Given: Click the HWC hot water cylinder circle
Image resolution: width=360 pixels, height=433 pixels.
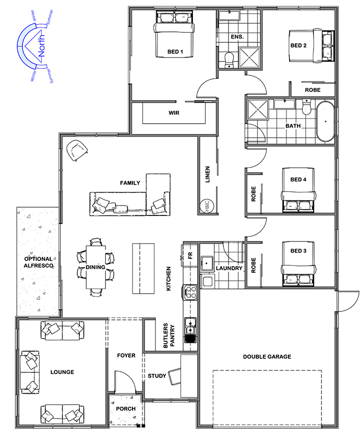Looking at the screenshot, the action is (x=207, y=206).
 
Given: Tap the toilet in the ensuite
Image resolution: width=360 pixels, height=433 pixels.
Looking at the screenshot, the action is (x=229, y=60).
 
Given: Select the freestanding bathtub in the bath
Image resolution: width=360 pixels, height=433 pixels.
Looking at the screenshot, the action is (x=326, y=122).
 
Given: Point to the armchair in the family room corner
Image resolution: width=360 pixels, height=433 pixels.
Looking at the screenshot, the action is (x=77, y=150).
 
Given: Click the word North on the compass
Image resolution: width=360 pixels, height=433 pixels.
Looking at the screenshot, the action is (x=41, y=45).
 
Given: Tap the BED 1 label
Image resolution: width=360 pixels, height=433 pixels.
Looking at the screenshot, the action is (x=175, y=52).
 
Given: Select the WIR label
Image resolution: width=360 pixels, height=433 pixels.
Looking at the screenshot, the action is (x=174, y=113).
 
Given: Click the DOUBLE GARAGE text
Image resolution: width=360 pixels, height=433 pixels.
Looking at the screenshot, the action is (x=267, y=356).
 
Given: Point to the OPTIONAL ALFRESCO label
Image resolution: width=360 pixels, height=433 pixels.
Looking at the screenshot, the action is (x=39, y=262).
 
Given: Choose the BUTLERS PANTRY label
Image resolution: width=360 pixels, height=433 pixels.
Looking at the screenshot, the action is (x=169, y=335).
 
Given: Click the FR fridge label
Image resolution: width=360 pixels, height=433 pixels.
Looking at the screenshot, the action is (x=190, y=256).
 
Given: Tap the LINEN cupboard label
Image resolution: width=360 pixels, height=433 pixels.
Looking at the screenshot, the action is (x=208, y=174).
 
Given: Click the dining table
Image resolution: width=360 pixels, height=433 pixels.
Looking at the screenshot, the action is (x=95, y=267).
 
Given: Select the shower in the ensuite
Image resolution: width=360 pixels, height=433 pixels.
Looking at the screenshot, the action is (x=249, y=57).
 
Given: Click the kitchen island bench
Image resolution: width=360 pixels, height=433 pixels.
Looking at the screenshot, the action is (x=143, y=269).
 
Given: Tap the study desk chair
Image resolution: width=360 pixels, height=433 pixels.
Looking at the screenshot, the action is (x=175, y=376).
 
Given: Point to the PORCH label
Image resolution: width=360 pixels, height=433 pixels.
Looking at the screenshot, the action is (x=126, y=408).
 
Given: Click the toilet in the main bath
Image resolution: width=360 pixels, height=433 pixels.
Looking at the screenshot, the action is (x=306, y=107).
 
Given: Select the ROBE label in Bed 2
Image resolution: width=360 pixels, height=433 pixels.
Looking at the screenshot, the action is (x=313, y=90).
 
